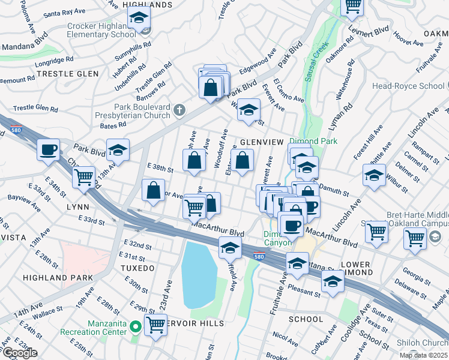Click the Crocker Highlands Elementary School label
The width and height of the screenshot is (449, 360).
point(101,30)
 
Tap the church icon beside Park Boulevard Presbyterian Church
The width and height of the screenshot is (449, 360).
point(179,110)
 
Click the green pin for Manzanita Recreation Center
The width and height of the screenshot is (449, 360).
point(136,327)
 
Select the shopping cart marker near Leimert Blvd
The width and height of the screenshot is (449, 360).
point(352,6)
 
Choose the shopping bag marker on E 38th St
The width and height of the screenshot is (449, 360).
point(194,161)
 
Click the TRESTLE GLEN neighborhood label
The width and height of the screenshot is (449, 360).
point(59,74)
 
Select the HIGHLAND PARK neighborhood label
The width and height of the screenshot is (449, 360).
point(59,278)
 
